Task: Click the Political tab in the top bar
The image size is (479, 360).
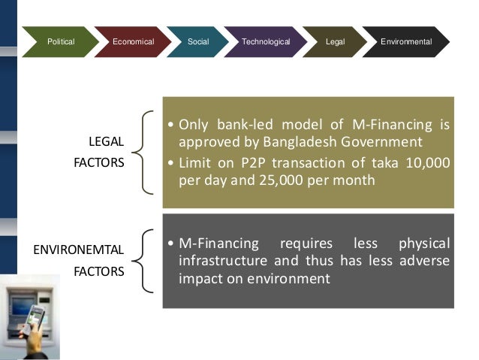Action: (61, 42)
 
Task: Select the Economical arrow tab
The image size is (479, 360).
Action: (133, 42)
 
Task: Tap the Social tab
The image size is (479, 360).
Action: (197, 42)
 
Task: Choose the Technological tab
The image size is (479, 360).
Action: (266, 42)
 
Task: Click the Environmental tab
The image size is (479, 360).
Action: (406, 42)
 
